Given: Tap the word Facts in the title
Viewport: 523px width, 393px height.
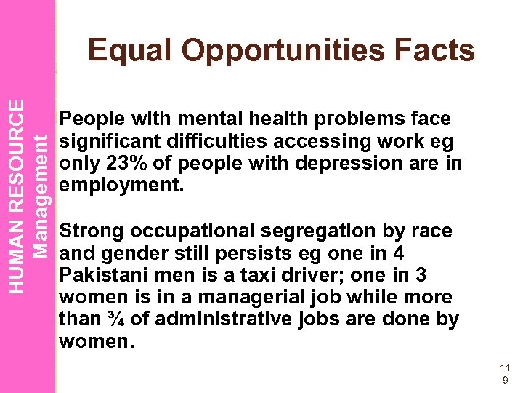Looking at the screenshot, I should tap(435, 51).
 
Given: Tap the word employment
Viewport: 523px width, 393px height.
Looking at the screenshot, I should tap(121, 185).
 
